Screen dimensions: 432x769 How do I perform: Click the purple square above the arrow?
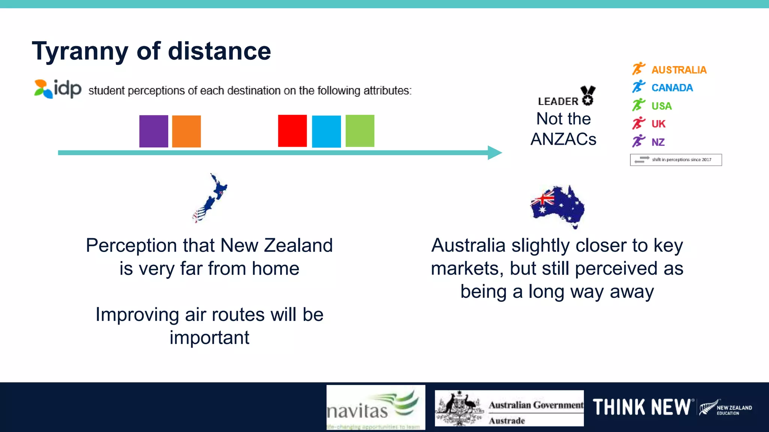point(154,131)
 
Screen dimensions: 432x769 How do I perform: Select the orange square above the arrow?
point(186,131)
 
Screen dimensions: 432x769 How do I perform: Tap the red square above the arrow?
point(292,130)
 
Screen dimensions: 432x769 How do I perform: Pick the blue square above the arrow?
point(326,131)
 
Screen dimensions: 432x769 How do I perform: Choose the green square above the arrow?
point(360,130)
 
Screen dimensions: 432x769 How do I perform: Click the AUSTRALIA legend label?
point(679,70)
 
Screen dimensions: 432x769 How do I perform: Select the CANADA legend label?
point(672,88)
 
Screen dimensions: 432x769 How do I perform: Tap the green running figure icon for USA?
point(638,105)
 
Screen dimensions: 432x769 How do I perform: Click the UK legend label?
point(658,124)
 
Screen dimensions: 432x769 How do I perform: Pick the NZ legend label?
point(658,142)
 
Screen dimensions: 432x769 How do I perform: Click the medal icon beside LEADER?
point(588,95)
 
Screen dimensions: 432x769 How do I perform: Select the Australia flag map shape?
point(558,206)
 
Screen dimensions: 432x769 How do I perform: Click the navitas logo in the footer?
point(375,407)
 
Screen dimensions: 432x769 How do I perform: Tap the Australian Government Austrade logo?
point(509,408)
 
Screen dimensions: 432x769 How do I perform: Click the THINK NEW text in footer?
point(642,407)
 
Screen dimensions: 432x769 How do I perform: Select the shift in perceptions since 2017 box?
point(676,160)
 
